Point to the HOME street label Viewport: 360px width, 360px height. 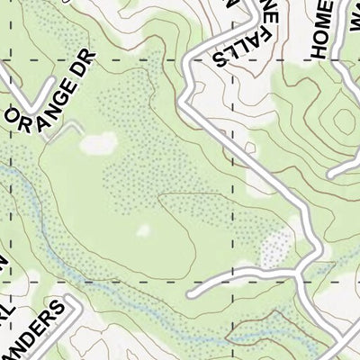(x=321, y=30)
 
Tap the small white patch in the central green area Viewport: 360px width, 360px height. (x=144, y=231)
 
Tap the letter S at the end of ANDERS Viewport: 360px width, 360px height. (x=60, y=311)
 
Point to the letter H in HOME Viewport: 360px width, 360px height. (x=322, y=51)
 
